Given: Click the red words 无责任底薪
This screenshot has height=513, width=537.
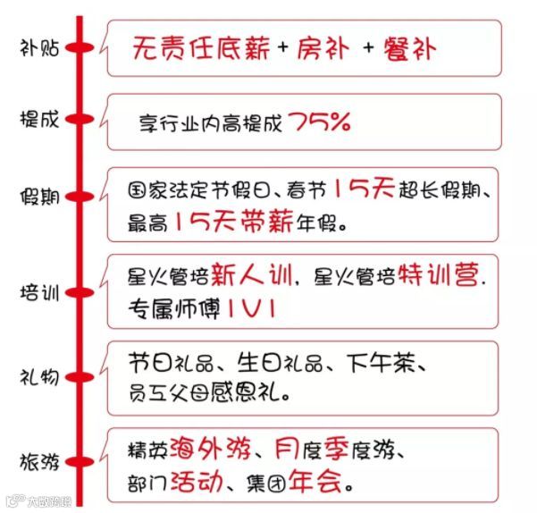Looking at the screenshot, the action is click(198, 47).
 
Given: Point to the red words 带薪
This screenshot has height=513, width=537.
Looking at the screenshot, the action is click(272, 222).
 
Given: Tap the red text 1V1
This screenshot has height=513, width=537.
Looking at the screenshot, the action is click(250, 308).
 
